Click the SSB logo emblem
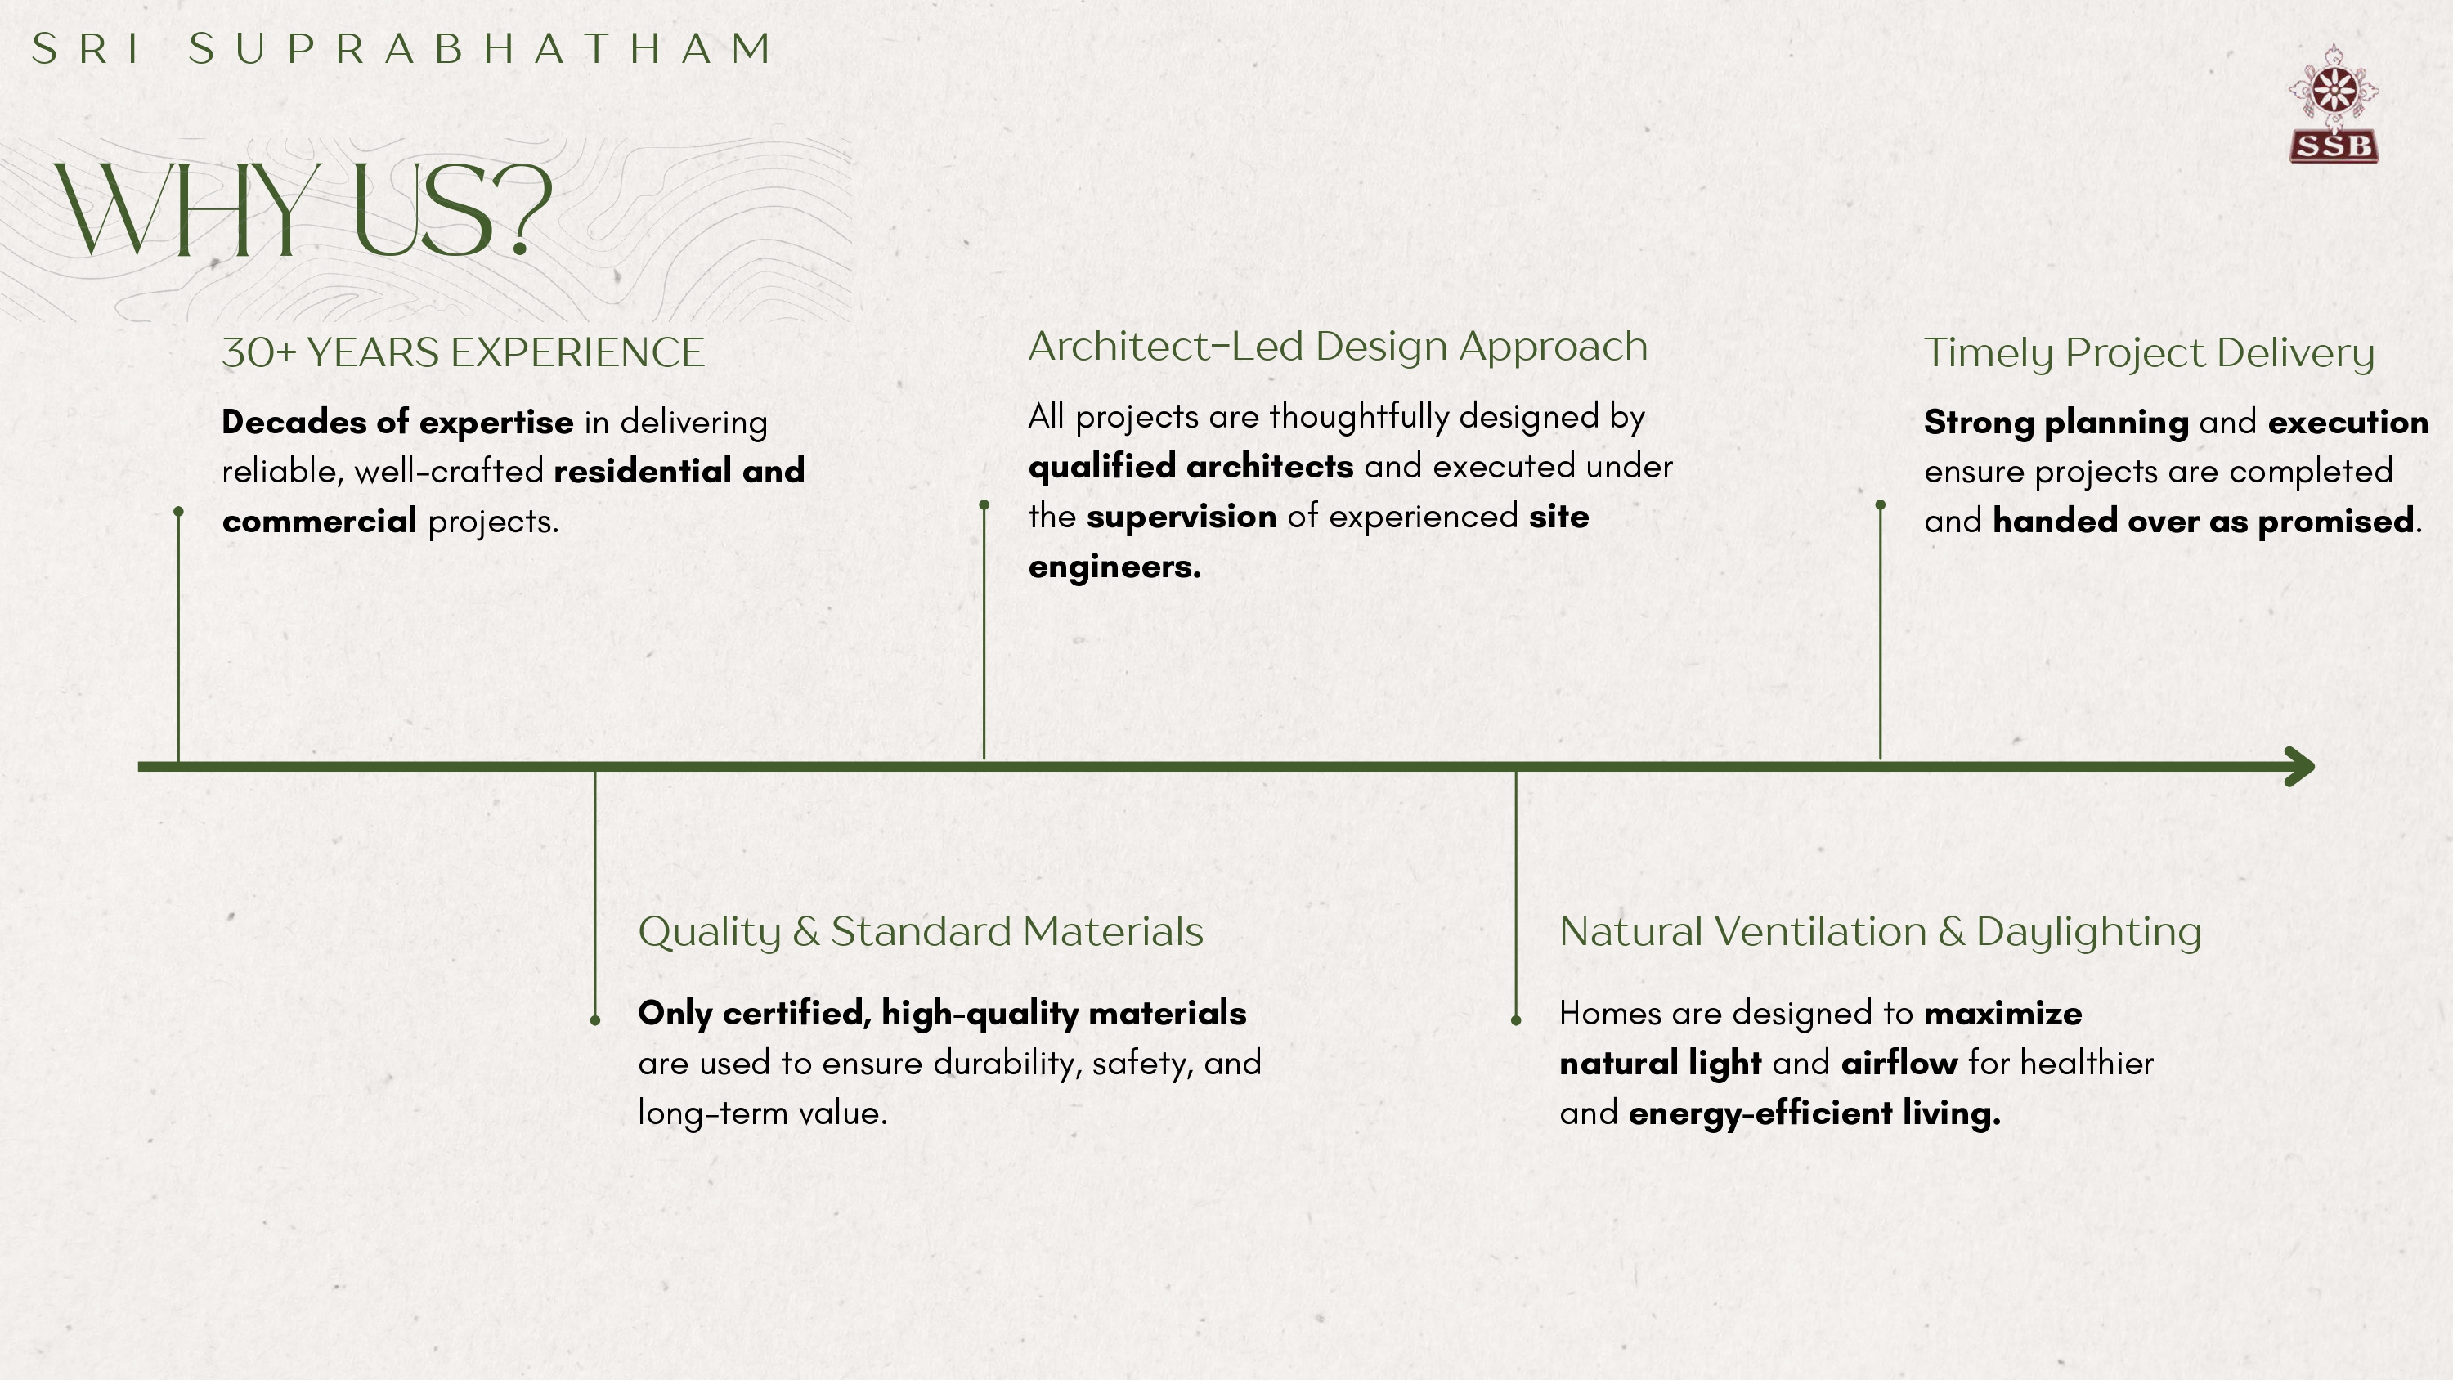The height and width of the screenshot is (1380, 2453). point(2333,104)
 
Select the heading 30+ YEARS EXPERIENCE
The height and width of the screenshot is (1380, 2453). point(463,352)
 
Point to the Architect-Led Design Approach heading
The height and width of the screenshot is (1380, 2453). point(1338,347)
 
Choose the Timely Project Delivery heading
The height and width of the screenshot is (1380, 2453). point(2149,353)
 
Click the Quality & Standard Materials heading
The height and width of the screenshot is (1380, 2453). point(921,931)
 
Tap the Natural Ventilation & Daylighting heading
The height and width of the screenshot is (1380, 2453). point(1881,932)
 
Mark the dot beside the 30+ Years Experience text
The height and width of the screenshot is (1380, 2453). point(178,512)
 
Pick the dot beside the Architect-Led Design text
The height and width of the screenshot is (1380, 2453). point(984,504)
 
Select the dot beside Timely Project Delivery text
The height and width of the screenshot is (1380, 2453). point(1880,504)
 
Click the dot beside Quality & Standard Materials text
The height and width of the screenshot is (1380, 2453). point(595,1020)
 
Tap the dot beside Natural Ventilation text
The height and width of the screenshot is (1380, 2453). point(1516,1020)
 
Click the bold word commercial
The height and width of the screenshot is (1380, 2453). point(319,521)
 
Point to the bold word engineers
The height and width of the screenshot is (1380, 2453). point(1115,567)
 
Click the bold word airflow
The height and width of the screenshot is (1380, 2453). point(1899,1063)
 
